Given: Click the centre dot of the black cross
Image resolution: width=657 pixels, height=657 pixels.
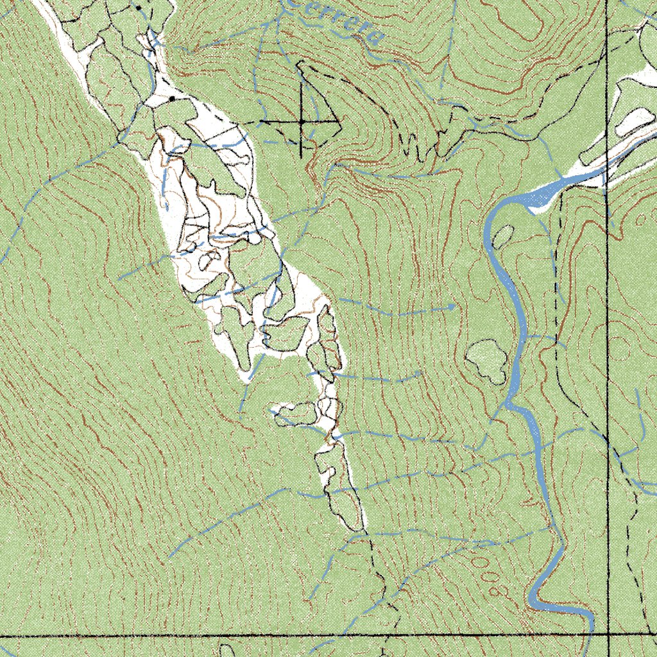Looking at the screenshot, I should (x=301, y=121).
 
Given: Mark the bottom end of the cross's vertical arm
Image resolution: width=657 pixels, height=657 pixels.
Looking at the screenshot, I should (x=301, y=156).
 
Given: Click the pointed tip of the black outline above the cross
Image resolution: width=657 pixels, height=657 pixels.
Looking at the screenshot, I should (x=299, y=63).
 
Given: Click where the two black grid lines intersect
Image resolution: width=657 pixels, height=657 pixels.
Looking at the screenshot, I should (x=608, y=635).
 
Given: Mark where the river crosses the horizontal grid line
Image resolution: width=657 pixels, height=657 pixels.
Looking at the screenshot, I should (x=590, y=635).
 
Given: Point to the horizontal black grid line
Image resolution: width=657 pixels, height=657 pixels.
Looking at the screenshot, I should (x=192, y=636).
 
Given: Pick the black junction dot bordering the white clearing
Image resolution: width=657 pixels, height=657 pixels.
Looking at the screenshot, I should (x=172, y=98).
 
